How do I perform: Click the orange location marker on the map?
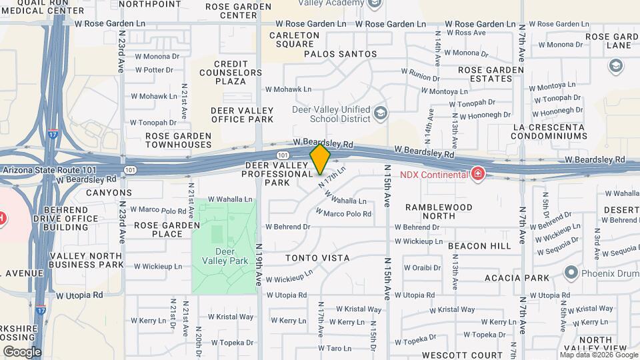tap(320, 159)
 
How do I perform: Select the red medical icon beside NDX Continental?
tap(477, 175)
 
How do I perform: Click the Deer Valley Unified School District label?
tap(331, 114)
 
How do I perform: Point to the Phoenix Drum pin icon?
tap(570, 272)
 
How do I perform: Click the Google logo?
tap(22, 351)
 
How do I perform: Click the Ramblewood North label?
tap(439, 211)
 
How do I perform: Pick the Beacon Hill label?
tap(479, 245)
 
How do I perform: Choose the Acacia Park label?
tap(517, 277)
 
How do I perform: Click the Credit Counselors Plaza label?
tap(221, 73)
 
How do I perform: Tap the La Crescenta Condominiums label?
tap(549, 131)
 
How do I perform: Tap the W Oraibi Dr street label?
tap(417, 267)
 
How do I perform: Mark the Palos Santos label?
tap(340, 54)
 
